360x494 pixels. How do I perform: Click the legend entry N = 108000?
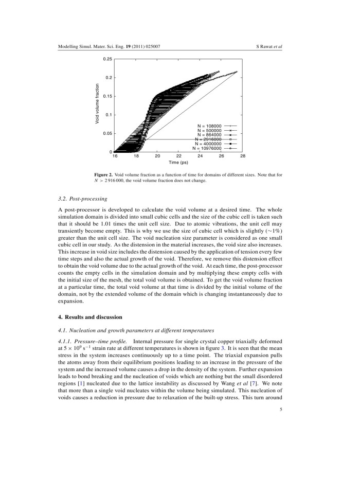point(209,126)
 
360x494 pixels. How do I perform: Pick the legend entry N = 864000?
point(209,134)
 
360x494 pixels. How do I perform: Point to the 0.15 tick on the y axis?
point(107,96)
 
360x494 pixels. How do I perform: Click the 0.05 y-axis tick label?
point(107,133)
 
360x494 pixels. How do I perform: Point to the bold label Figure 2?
point(100,175)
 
